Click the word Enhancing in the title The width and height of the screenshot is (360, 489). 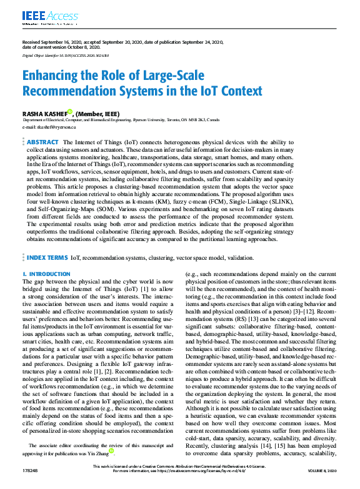(52, 76)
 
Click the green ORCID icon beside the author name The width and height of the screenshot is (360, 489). (71, 112)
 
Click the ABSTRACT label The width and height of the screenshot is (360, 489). (42, 142)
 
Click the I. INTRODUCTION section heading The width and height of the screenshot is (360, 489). (46, 274)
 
